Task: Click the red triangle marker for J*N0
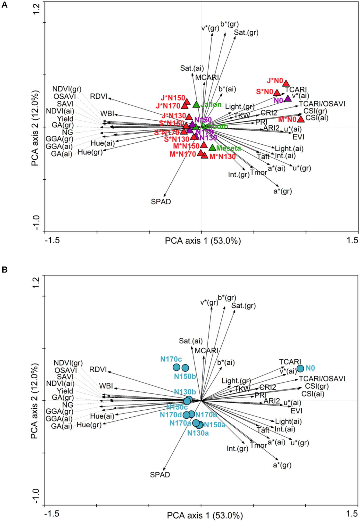point(286,83)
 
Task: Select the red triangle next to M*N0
point(301,119)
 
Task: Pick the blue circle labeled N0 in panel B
point(300,369)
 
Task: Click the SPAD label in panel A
point(161,202)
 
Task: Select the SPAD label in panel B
point(160,475)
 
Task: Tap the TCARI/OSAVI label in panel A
point(322,104)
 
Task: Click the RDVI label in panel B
point(98,369)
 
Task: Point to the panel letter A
point(4,5)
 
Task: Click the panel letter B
point(4,270)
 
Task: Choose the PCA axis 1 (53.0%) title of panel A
point(203,241)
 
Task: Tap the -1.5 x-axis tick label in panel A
point(52,240)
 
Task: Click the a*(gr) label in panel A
point(283,191)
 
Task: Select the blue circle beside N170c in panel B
point(176,367)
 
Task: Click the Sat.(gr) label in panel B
point(244,306)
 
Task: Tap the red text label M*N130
point(222,157)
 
